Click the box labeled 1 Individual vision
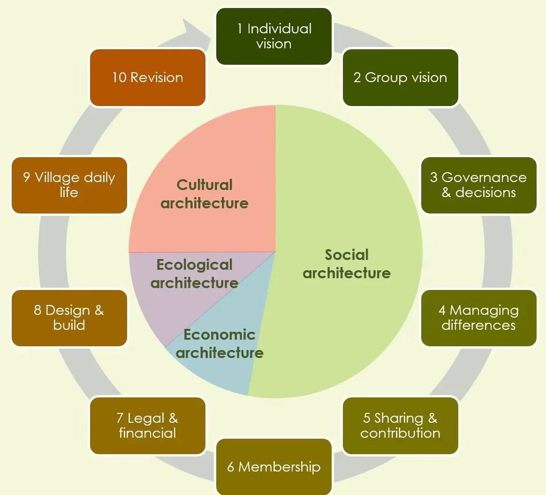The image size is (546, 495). click(273, 36)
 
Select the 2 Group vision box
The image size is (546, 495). click(400, 77)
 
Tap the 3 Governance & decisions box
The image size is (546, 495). click(478, 185)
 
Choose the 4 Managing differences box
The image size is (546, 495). click(478, 318)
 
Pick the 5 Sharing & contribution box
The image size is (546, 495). click(400, 426)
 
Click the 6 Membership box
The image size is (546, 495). click(273, 467)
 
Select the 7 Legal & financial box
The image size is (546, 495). click(147, 426)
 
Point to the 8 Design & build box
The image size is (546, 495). click(69, 318)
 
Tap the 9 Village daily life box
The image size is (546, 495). click(69, 185)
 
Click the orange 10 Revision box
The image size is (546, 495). click(147, 77)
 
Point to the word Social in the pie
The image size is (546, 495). click(347, 255)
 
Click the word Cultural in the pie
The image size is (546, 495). click(205, 185)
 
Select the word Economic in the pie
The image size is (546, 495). click(220, 335)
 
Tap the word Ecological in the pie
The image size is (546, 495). click(194, 265)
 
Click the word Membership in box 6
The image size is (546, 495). click(280, 467)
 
